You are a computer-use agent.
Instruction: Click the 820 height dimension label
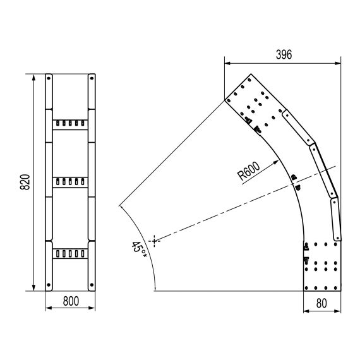click(x=25, y=182)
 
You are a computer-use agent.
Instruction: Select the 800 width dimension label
click(x=71, y=301)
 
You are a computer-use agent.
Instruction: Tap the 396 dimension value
click(x=284, y=55)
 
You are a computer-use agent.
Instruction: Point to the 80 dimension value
click(x=321, y=303)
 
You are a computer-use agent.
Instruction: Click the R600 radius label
click(x=249, y=171)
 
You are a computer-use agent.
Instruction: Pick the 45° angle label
click(x=139, y=249)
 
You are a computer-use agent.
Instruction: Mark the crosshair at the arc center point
click(x=154, y=241)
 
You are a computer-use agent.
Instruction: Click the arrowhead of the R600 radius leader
click(x=276, y=162)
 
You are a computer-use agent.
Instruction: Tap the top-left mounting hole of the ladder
click(x=49, y=78)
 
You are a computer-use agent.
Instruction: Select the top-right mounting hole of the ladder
click(x=92, y=78)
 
